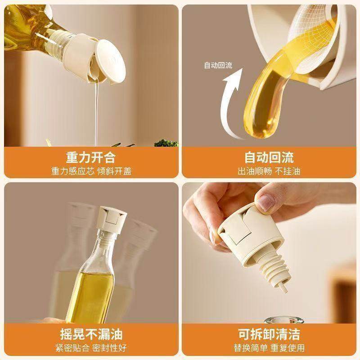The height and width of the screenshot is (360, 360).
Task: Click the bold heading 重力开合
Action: pos(91,157)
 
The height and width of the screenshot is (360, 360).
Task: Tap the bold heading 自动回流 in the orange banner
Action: pos(269,157)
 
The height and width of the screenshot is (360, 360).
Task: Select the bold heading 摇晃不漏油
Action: pos(91,334)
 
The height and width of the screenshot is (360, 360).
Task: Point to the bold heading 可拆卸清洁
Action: pos(269,334)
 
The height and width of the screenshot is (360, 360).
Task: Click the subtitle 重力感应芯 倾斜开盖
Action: pos(91,171)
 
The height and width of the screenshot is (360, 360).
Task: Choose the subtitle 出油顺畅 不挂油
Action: pos(269,171)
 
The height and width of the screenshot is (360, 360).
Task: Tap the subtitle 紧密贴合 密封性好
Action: pos(91,347)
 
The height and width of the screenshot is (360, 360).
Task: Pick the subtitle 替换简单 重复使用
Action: pos(269,347)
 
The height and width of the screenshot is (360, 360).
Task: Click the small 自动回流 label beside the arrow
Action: pos(218,65)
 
